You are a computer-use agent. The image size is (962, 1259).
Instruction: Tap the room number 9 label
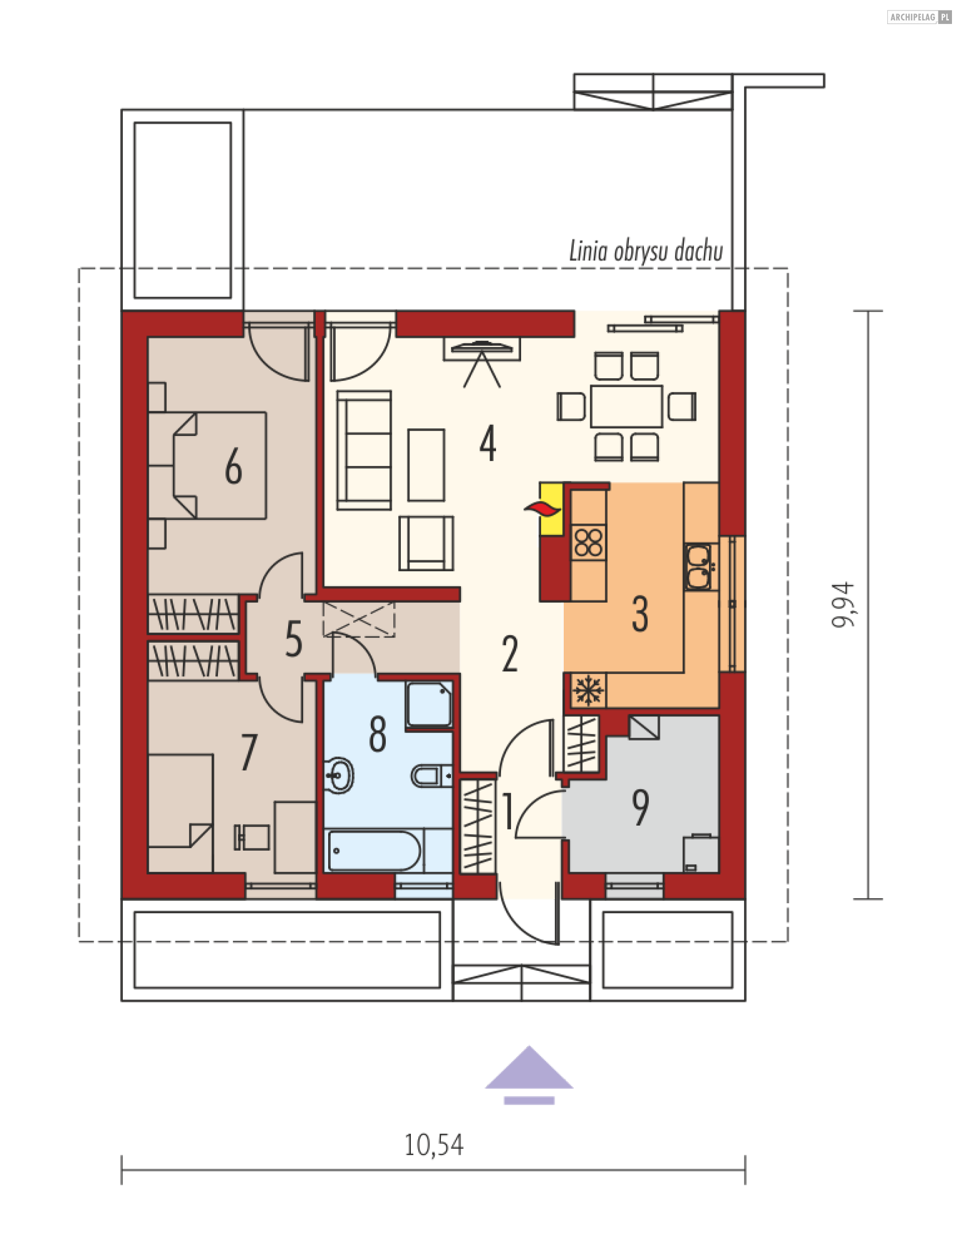click(x=640, y=807)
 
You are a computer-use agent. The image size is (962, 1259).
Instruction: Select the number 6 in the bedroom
click(x=233, y=466)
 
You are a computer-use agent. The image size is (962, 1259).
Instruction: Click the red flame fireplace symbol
click(x=543, y=509)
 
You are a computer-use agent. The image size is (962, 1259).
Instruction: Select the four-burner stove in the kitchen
click(x=588, y=543)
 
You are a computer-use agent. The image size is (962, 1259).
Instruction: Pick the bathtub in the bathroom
click(x=374, y=851)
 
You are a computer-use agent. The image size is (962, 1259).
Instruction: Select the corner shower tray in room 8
click(x=428, y=704)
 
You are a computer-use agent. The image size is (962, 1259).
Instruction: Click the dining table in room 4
click(x=626, y=406)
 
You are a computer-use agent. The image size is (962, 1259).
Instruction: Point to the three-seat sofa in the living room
click(x=364, y=450)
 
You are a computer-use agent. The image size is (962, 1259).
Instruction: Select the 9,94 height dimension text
click(x=843, y=605)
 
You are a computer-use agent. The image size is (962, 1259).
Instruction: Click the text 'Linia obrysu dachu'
click(x=646, y=251)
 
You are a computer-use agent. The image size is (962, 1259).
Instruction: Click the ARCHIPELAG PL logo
click(x=919, y=17)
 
